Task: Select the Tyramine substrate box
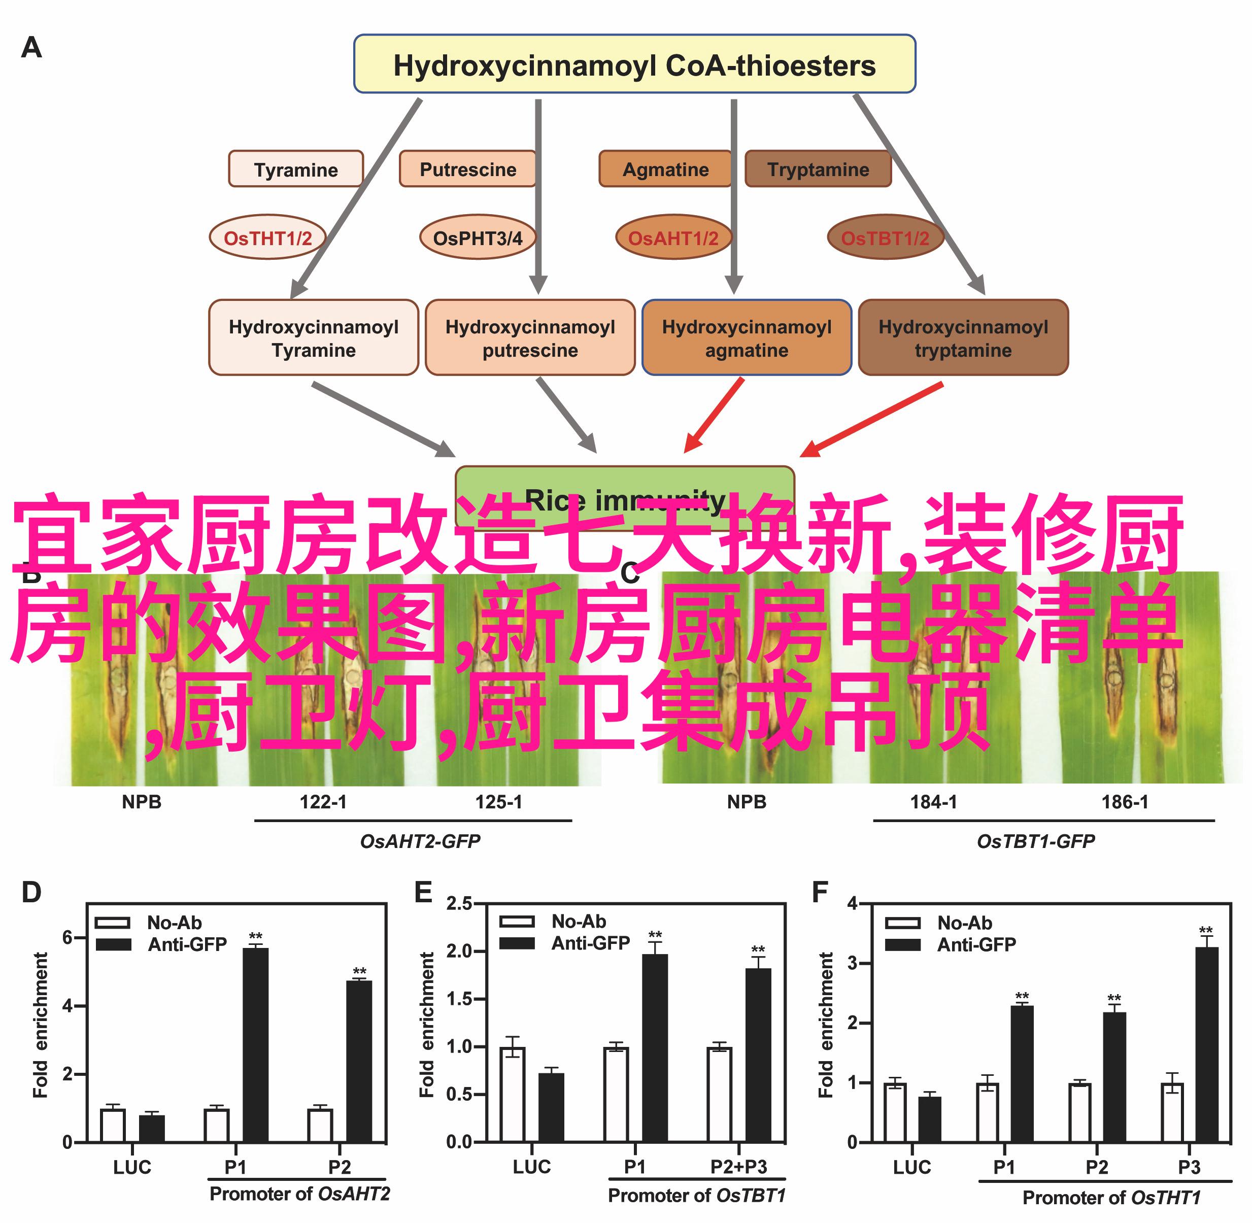(295, 169)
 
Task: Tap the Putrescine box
(467, 169)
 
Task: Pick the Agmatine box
(665, 169)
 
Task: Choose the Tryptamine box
(817, 169)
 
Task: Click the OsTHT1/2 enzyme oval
(267, 237)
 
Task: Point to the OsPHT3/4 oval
(477, 237)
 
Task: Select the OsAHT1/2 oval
(672, 237)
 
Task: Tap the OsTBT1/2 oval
(885, 237)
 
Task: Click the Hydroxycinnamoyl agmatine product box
(747, 338)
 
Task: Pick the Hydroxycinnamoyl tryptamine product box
(963, 338)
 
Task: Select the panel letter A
(31, 48)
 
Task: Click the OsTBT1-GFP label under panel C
(1035, 841)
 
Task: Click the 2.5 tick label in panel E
(459, 903)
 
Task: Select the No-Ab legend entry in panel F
(938, 923)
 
